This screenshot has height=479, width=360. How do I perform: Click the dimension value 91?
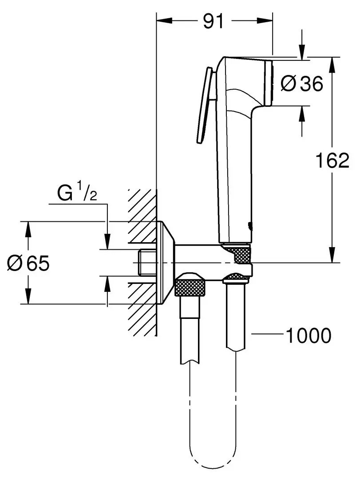[x=213, y=21]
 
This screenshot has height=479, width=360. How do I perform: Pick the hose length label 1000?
[x=308, y=336]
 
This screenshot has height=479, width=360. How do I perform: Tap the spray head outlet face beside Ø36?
[x=269, y=82]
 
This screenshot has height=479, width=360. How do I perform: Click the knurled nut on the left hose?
[x=191, y=287]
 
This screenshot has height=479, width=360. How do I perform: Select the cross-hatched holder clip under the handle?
[x=240, y=255]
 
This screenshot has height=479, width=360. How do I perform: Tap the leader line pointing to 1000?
[x=266, y=335]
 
